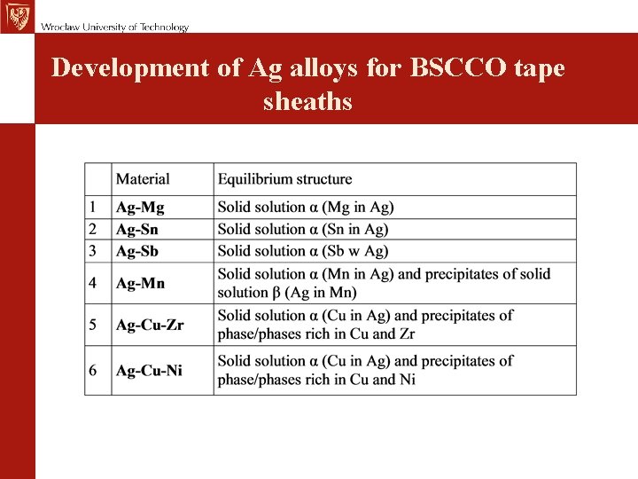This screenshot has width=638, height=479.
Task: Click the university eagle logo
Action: pyautogui.click(x=16, y=16)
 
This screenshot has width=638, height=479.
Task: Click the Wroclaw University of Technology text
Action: pyautogui.click(x=114, y=27)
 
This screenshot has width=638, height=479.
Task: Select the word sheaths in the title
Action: pyautogui.click(x=307, y=101)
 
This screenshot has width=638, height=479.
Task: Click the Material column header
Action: pyautogui.click(x=143, y=179)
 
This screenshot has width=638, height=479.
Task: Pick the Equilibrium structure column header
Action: pyautogui.click(x=284, y=179)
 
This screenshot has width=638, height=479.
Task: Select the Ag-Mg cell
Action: pyautogui.click(x=140, y=208)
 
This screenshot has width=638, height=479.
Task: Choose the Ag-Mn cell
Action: pyautogui.click(x=140, y=284)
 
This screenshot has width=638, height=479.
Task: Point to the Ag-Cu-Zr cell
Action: pyautogui.click(x=150, y=325)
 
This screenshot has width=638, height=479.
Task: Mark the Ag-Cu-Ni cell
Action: pyautogui.click(x=149, y=371)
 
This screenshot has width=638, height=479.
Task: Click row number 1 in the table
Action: pyautogui.click(x=93, y=208)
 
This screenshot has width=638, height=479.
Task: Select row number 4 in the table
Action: pyautogui.click(x=93, y=284)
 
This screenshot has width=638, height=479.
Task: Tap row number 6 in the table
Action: pyautogui.click(x=93, y=371)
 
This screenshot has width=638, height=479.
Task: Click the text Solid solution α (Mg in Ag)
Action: pyautogui.click(x=306, y=208)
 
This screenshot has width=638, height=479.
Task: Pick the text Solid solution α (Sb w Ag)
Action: pyautogui.click(x=303, y=252)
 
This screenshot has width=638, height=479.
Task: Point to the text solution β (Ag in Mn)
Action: pyautogui.click(x=287, y=293)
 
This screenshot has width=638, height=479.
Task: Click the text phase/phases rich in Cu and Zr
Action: pyautogui.click(x=316, y=334)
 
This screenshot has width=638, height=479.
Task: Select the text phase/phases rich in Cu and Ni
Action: pyautogui.click(x=316, y=380)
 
